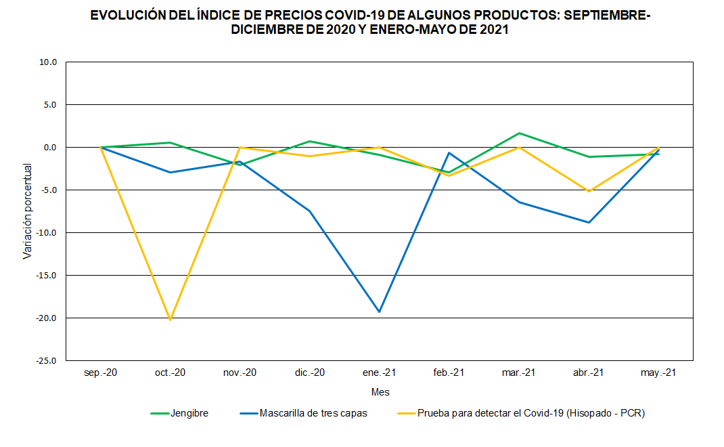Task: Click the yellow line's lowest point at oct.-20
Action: point(171,319)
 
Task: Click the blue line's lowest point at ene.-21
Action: point(380,312)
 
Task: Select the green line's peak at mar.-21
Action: point(519,133)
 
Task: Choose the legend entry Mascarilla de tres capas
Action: point(313,413)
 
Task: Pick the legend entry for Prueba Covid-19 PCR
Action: point(531,413)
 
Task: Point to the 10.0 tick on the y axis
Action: point(47,62)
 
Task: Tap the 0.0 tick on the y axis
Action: point(50,148)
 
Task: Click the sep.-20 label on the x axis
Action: point(101,372)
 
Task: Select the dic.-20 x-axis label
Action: point(310,372)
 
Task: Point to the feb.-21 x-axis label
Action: point(449,372)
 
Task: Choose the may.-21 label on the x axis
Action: point(658,372)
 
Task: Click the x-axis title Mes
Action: point(380,392)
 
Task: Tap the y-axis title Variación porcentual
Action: point(28,211)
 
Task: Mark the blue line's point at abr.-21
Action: point(589,222)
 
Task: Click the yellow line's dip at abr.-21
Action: point(589,192)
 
